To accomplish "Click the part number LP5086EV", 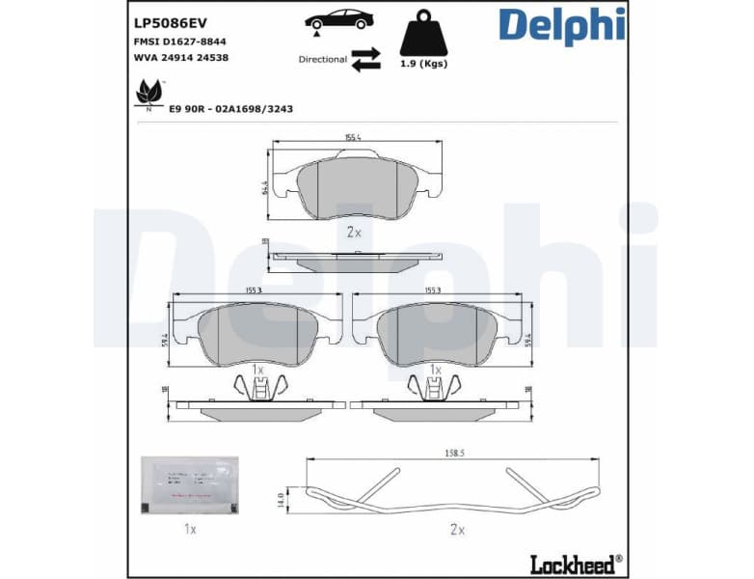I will tap(171, 22).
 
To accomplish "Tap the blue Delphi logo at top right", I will tap(561, 26).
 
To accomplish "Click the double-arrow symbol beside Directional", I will tap(365, 59).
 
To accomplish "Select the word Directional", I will tap(322, 60).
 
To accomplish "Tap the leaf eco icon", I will tap(148, 94).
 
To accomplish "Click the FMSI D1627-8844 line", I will tap(180, 42).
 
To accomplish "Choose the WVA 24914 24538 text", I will tap(180, 58).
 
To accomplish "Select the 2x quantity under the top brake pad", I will tap(353, 233).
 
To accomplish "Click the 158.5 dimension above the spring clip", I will tap(454, 451).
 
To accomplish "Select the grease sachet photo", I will tap(191, 483).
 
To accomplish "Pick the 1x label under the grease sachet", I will tap(190, 529).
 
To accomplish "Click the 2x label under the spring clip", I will tap(457, 529).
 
